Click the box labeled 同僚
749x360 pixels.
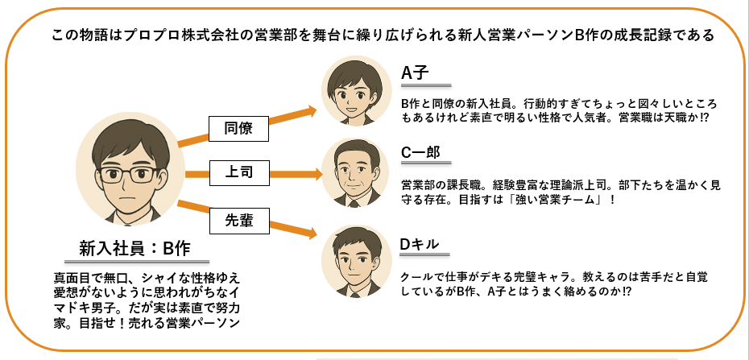pos(238,128)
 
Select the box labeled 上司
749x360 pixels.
pos(238,173)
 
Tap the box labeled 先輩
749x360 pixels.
pos(239,221)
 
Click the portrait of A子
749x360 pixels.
pos(356,91)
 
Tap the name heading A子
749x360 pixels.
pos(415,73)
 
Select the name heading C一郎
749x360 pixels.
pos(420,152)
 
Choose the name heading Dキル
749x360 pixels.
pos(419,243)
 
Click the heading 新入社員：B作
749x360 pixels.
pos(134,248)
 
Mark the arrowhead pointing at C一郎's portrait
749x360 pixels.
pos(317,173)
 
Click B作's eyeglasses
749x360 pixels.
pos(130,175)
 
